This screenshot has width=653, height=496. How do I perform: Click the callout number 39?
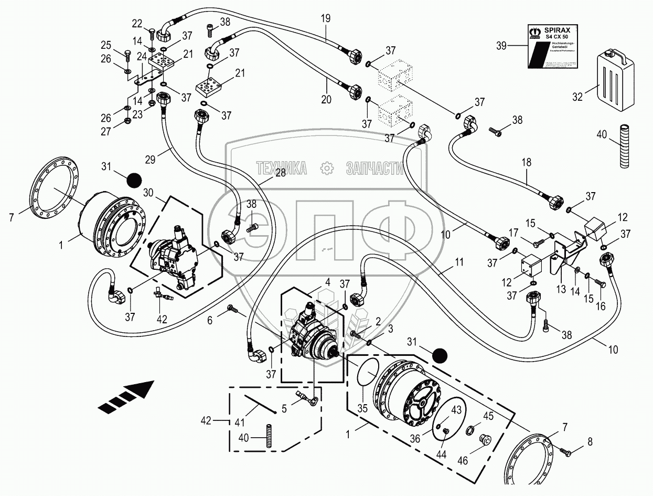point(502,46)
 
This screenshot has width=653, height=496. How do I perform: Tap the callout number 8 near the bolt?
point(590,442)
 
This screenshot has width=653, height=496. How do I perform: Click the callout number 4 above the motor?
point(327,282)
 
